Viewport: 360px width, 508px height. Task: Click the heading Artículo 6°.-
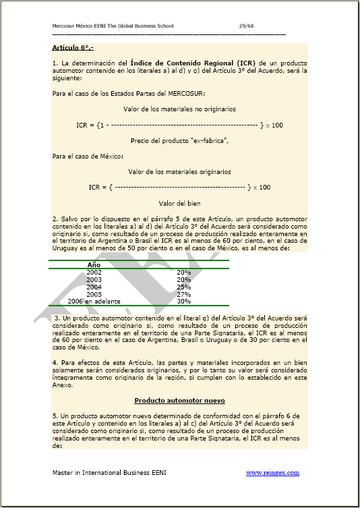(x=73, y=48)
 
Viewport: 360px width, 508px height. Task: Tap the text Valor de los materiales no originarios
(x=180, y=109)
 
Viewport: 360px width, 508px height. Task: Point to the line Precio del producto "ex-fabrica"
(x=180, y=140)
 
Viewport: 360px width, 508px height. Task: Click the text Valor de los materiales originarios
(x=180, y=171)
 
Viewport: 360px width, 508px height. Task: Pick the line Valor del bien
(x=179, y=203)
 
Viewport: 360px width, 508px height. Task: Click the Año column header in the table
(x=94, y=264)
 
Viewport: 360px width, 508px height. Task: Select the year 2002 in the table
(x=94, y=272)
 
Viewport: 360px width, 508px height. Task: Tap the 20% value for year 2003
(x=183, y=279)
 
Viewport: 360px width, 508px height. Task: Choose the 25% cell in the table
(x=183, y=287)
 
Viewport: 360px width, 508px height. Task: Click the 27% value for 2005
(x=183, y=294)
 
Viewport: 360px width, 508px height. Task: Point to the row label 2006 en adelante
(x=94, y=302)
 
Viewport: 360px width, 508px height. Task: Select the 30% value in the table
(x=183, y=302)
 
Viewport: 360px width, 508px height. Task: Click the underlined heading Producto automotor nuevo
(x=179, y=401)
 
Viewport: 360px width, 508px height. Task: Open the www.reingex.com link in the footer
(x=272, y=473)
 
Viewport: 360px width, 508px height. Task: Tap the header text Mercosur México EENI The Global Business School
(x=113, y=26)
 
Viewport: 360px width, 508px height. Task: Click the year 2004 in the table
(x=94, y=287)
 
